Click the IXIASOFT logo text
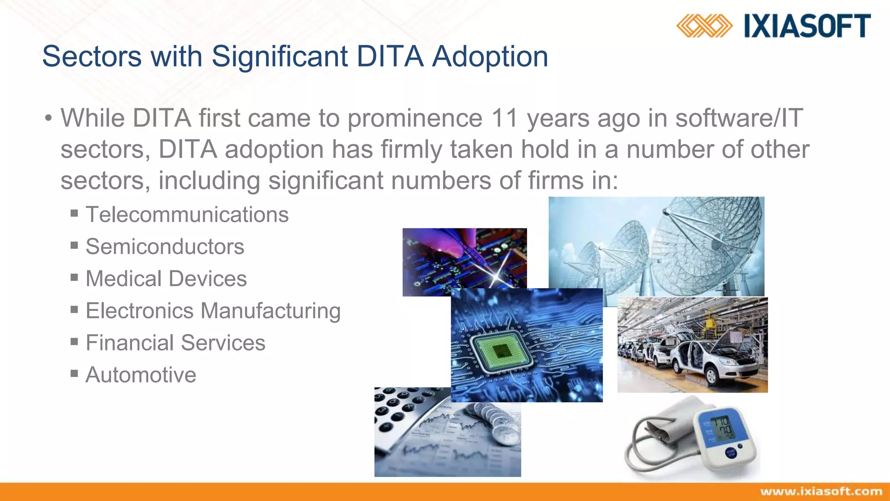click(807, 26)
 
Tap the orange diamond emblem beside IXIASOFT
click(704, 26)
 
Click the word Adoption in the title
click(490, 57)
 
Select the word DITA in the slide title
click(390, 57)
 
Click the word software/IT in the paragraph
click(739, 118)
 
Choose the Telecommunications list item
click(187, 214)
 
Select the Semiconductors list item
click(165, 247)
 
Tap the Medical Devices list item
click(166, 279)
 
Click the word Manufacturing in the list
click(271, 311)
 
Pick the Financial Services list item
click(175, 343)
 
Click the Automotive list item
click(141, 375)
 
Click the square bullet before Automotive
click(74, 373)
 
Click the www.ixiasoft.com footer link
click(821, 492)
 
